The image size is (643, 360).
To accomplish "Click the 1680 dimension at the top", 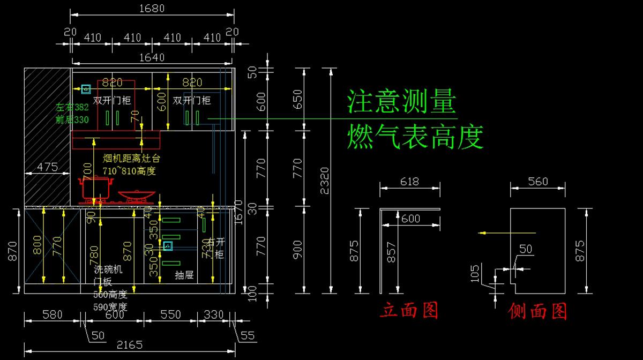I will point(152,9).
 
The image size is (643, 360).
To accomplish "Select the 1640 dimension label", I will point(152,57).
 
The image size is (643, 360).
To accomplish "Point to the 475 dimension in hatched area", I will point(47,167).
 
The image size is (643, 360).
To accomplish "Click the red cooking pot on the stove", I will point(96,187).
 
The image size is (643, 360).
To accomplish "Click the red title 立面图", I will point(409,310).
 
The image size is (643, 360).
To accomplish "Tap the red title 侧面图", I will point(537,311).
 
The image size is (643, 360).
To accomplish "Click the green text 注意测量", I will point(402,101).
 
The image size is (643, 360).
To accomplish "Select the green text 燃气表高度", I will point(415,137).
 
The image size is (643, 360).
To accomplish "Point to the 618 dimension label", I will point(409,182).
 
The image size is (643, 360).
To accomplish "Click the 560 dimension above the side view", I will point(537,182).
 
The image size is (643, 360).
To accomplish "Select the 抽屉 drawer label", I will point(184,275).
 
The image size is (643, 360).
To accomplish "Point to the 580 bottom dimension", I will point(52,314).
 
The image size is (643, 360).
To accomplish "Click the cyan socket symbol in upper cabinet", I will point(85,88).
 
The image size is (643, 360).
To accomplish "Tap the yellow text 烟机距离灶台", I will point(131,159).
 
